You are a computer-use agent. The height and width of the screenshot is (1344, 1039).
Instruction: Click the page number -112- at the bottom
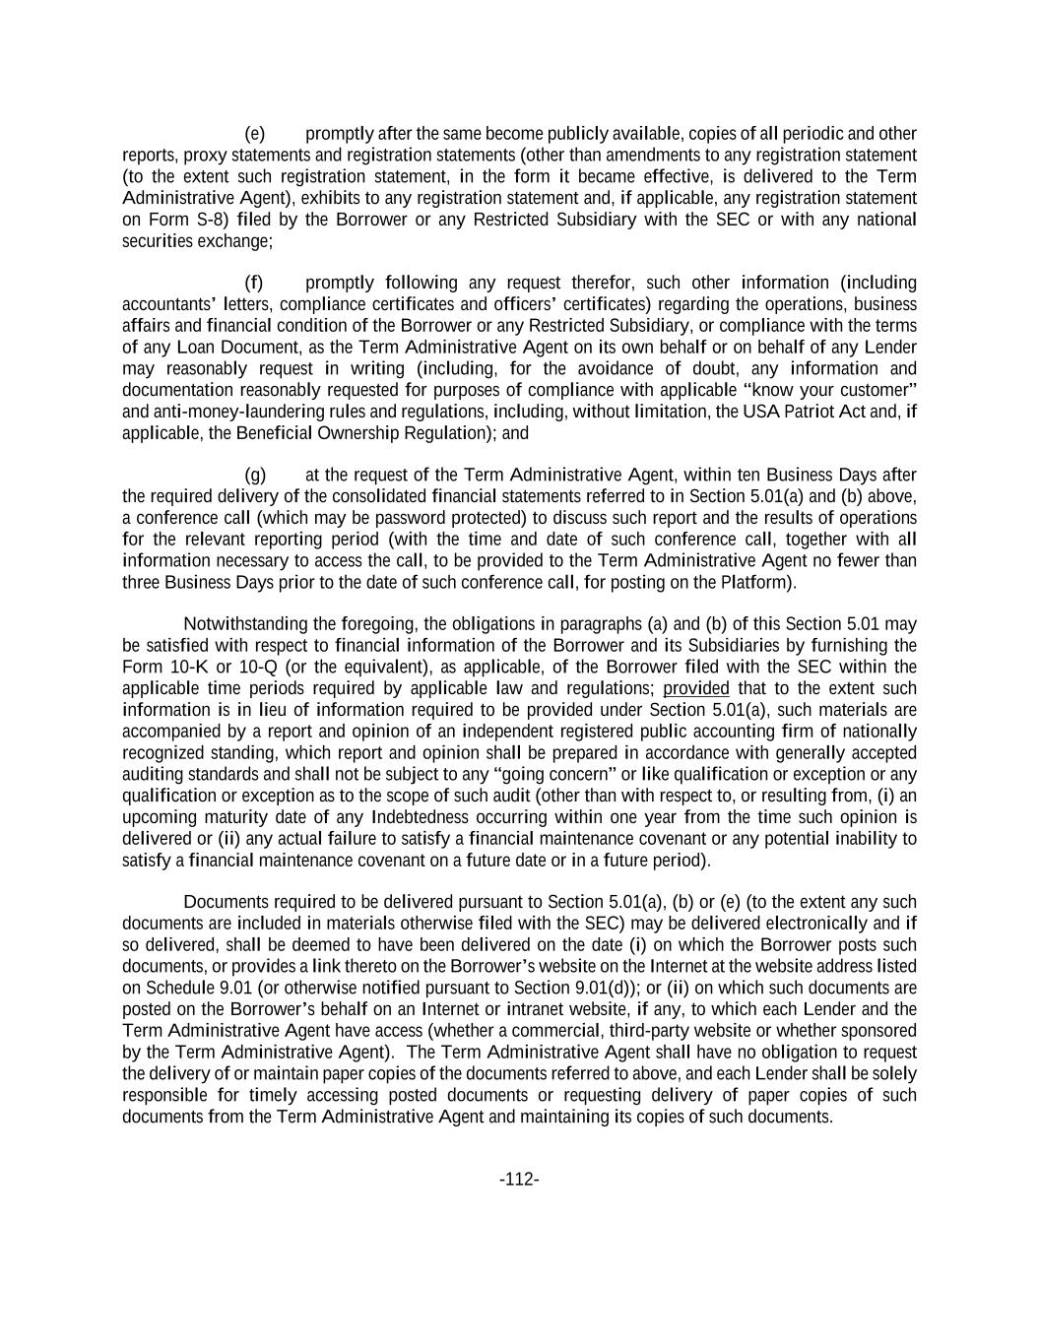coord(519,1180)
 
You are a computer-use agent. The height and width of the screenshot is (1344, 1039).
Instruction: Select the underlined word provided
coord(696,688)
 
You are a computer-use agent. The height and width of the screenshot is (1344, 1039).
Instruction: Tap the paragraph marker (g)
coord(255,475)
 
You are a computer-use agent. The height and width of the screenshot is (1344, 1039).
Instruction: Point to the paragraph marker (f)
coord(254,283)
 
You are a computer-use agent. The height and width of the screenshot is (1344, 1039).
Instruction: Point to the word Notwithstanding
coord(246,624)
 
